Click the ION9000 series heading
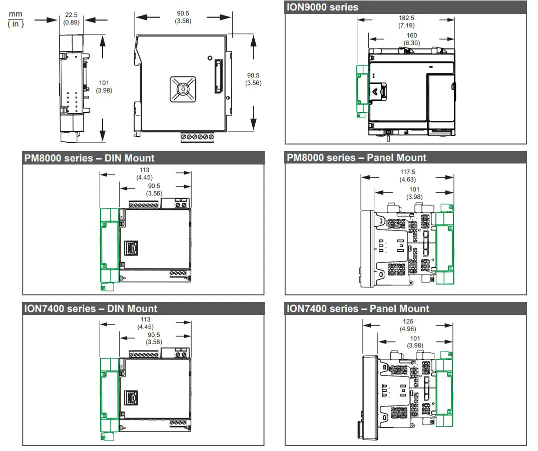tap(322, 7)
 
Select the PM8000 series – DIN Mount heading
tap(90, 158)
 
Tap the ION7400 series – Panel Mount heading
tap(358, 308)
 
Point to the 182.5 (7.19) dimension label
tap(406, 20)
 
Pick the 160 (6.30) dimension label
tap(411, 39)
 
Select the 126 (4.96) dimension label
tap(408, 325)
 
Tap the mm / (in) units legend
tap(16, 20)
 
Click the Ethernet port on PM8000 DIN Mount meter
tap(132, 246)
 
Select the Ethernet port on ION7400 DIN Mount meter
tap(132, 397)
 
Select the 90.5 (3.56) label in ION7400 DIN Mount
tap(154, 338)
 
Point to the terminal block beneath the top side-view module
tap(197, 136)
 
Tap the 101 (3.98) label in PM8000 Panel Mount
tap(414, 193)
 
